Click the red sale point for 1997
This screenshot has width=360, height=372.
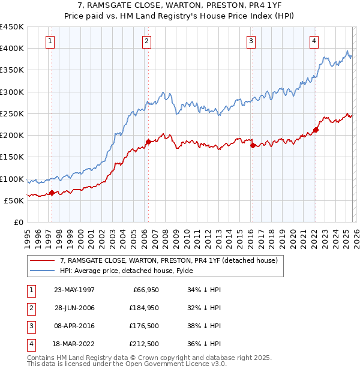(x=52, y=193)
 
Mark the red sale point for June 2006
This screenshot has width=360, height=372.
(x=148, y=142)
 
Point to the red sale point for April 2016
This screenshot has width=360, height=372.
(x=252, y=145)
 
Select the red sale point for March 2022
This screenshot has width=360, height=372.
(x=315, y=130)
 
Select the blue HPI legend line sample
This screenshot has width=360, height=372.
(x=43, y=271)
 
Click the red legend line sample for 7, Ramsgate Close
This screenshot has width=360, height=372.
(x=43, y=261)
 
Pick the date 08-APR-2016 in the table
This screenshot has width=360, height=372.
(x=74, y=326)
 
